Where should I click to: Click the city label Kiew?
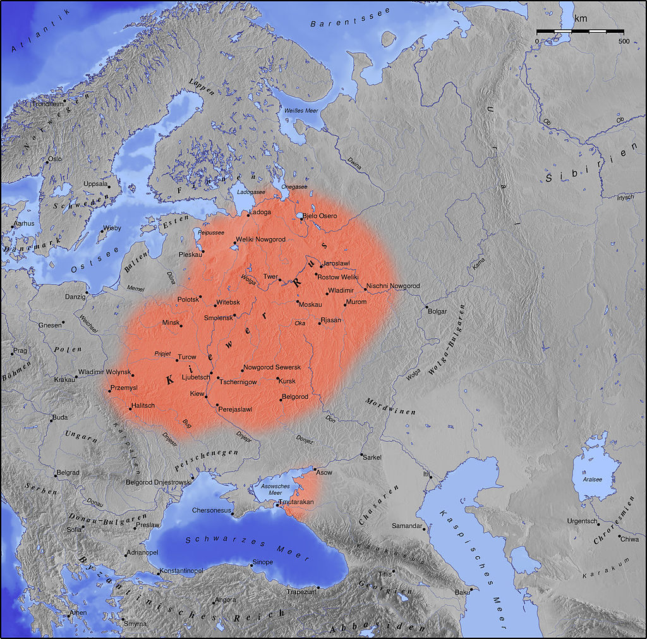point(197,394)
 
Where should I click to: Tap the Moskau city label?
point(311,305)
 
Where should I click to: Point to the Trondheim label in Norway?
point(48,104)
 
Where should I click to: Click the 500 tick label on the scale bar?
point(624,41)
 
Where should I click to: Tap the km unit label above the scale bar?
point(580,19)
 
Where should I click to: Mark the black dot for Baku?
point(471,588)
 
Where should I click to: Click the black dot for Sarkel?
point(361,455)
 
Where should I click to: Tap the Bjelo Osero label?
point(320,216)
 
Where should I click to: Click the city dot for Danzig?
point(88,293)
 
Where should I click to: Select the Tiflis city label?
point(385,575)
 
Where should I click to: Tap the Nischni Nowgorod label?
point(393,286)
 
